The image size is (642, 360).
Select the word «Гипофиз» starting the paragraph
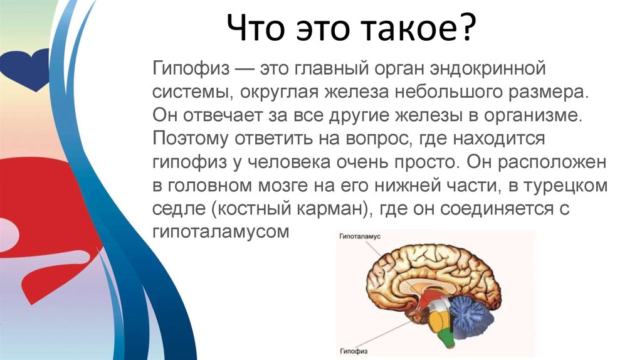pos(191,68)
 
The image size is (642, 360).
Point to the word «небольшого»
pos(448,91)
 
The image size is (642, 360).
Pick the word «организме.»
pos(533,116)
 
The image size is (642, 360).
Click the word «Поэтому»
pos(191,139)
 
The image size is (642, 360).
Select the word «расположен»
pos(552,162)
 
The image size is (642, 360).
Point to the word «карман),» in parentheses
pos(333,209)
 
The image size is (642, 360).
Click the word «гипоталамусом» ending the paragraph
pos(221,233)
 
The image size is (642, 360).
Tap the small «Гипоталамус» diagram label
pos(360,236)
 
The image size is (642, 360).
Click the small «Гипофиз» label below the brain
pos(354,351)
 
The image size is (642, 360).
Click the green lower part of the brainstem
pos(446,337)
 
